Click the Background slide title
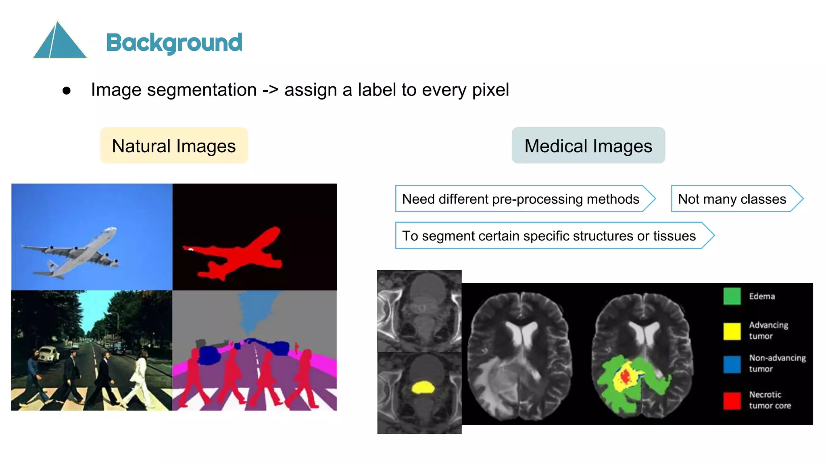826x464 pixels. click(x=174, y=42)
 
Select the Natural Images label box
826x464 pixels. click(x=174, y=146)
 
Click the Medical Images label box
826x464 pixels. click(x=588, y=146)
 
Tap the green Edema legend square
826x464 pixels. click(x=732, y=296)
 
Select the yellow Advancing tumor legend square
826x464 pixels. click(x=732, y=331)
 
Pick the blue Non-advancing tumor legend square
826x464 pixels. click(x=732, y=364)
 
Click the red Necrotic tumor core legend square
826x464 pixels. click(x=732, y=400)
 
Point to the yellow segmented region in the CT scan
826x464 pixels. click(x=422, y=387)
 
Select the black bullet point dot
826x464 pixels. click(x=67, y=91)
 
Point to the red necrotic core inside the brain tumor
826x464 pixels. click(x=625, y=377)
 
